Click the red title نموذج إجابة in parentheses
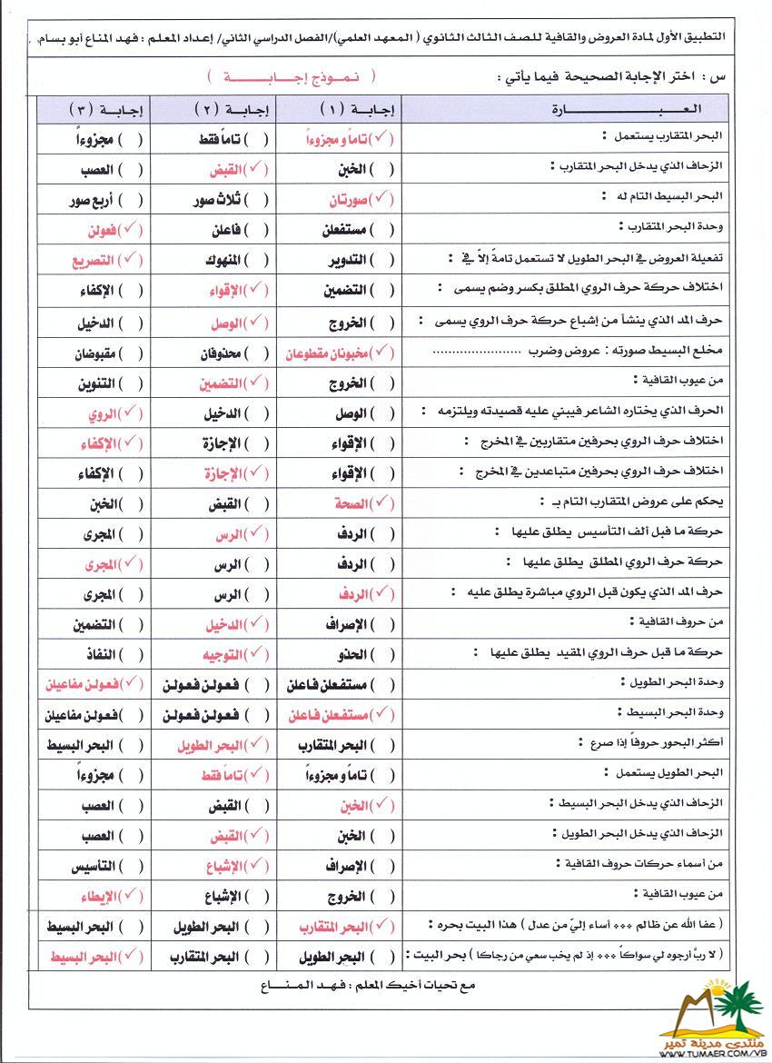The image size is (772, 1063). tap(289, 78)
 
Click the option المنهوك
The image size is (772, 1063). tap(222, 260)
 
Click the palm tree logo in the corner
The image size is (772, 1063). tap(722, 1013)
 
